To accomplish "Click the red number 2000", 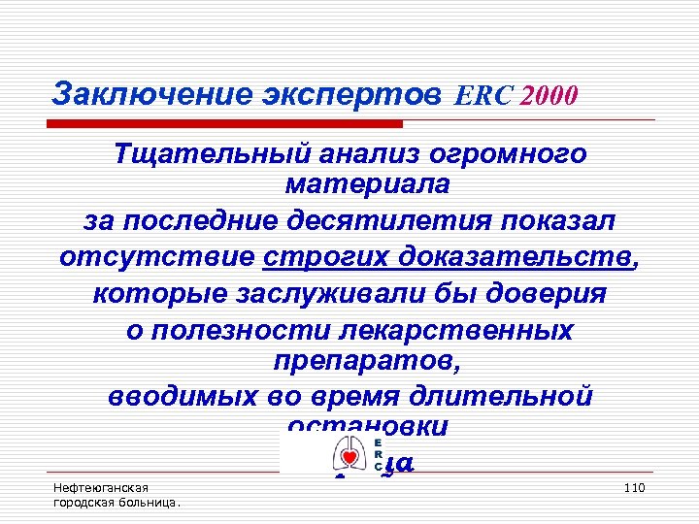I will coord(549,95).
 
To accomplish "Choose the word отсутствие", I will coord(155,258).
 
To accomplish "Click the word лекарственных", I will coord(455,329).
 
